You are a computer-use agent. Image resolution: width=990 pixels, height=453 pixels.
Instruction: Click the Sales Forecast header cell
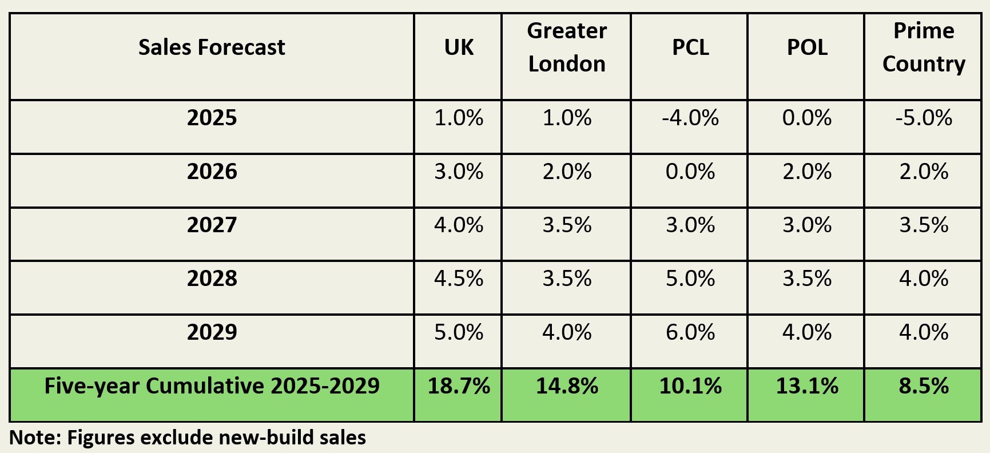(212, 47)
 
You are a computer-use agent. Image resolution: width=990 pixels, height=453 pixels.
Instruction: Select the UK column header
(459, 47)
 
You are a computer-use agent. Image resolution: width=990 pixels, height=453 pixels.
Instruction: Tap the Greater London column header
(566, 47)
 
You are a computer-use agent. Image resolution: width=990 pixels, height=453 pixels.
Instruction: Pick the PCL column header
(690, 47)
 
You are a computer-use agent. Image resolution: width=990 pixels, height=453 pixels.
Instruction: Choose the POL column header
(806, 47)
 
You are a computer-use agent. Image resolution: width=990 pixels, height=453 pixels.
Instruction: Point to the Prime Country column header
(923, 47)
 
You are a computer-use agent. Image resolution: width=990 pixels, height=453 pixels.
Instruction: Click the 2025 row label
(212, 118)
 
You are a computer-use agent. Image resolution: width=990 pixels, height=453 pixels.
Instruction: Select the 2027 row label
(212, 225)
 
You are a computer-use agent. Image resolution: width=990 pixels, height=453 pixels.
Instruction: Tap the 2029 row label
(212, 332)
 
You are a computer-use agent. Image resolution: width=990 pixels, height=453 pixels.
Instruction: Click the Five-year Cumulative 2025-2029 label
(212, 386)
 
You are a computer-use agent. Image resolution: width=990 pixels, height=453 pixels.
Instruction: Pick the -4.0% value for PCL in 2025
(690, 118)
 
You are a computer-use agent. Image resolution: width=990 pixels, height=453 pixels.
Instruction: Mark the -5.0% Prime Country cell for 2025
(923, 118)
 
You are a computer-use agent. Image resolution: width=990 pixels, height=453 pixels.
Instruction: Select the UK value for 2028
(459, 279)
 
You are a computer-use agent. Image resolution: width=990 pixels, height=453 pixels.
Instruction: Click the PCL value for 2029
(690, 332)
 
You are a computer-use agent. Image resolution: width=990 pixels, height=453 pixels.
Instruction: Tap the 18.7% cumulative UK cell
(459, 386)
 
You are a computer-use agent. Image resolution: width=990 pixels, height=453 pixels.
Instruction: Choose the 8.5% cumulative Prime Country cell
(923, 386)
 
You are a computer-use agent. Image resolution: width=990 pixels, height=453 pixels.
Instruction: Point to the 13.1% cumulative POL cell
(806, 386)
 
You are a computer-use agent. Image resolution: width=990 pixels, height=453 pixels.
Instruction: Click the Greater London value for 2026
(566, 172)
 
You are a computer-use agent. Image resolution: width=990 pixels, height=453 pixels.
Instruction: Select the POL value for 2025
(806, 118)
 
